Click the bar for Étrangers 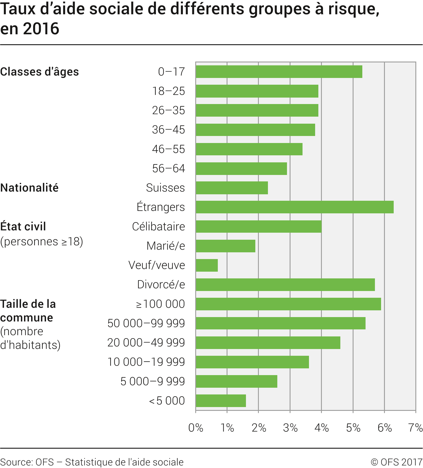click(295, 207)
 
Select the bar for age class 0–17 click(279, 72)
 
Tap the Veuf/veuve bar click(207, 265)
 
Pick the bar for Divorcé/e click(285, 285)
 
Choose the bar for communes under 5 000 click(221, 401)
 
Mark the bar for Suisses click(232, 188)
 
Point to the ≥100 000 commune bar click(288, 304)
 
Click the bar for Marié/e click(225, 246)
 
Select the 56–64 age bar click(241, 169)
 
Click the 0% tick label click(196, 428)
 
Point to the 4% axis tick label click(322, 428)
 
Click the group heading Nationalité click(29, 188)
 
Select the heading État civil click(23, 227)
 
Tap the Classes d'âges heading click(39, 72)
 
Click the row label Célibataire click(158, 227)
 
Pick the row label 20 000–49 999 click(146, 343)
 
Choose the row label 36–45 click(168, 130)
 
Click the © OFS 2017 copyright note click(396, 462)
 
